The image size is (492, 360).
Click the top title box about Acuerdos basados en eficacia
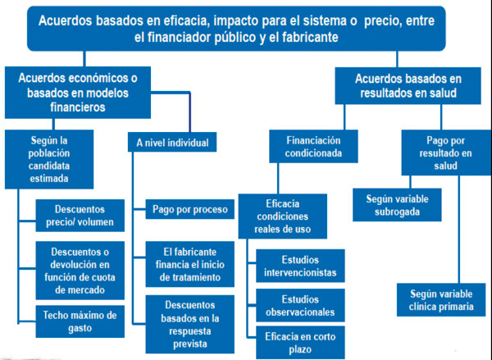coord(236,29)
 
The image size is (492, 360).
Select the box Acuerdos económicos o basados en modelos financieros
coord(78,93)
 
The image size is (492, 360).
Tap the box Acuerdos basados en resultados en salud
coord(408,85)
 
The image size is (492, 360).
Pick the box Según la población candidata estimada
coord(49,159)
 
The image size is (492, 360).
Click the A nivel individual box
coord(172,142)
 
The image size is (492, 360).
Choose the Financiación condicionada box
coord(313,147)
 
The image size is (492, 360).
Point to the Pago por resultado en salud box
coord(446,153)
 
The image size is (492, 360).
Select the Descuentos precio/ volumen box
coord(80,216)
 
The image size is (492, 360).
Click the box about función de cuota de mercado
coord(80,271)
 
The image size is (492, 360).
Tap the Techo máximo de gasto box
coord(80,321)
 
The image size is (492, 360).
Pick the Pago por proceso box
coord(190,209)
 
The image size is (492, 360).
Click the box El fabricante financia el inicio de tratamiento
coord(190,264)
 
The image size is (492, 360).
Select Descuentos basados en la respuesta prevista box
coord(190,324)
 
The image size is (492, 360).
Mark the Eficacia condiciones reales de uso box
coord(283,216)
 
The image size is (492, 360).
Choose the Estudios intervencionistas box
coord(300,266)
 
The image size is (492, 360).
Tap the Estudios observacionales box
coord(300,305)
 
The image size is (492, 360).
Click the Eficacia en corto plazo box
coord(300,343)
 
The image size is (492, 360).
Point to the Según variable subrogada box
coord(397,205)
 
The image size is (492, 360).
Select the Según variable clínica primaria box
coord(441,300)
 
